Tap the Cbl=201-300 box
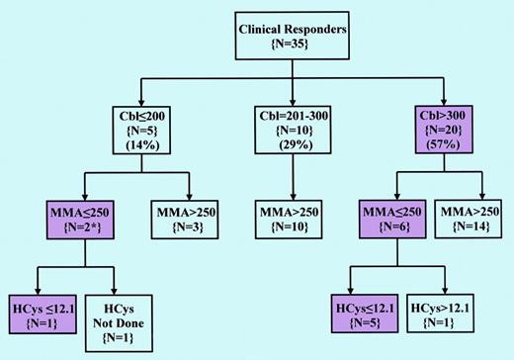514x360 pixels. click(293, 132)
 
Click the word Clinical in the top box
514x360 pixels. click(265, 29)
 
